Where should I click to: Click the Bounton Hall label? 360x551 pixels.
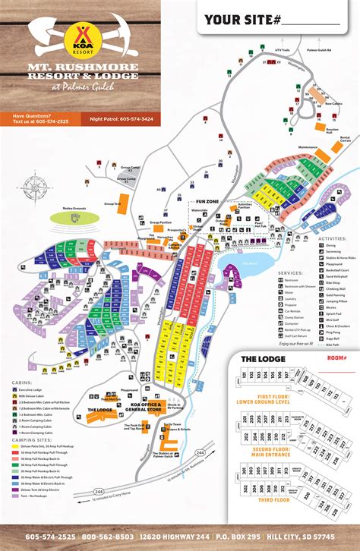313,130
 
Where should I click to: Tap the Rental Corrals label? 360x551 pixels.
344,139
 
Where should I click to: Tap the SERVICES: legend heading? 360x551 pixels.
290,272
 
